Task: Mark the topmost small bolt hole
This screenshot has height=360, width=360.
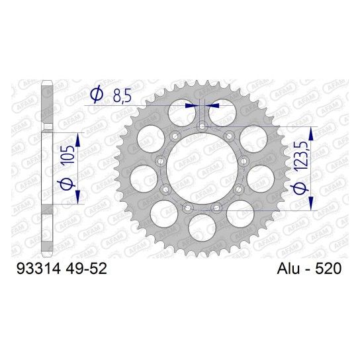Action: (x=201, y=126)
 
